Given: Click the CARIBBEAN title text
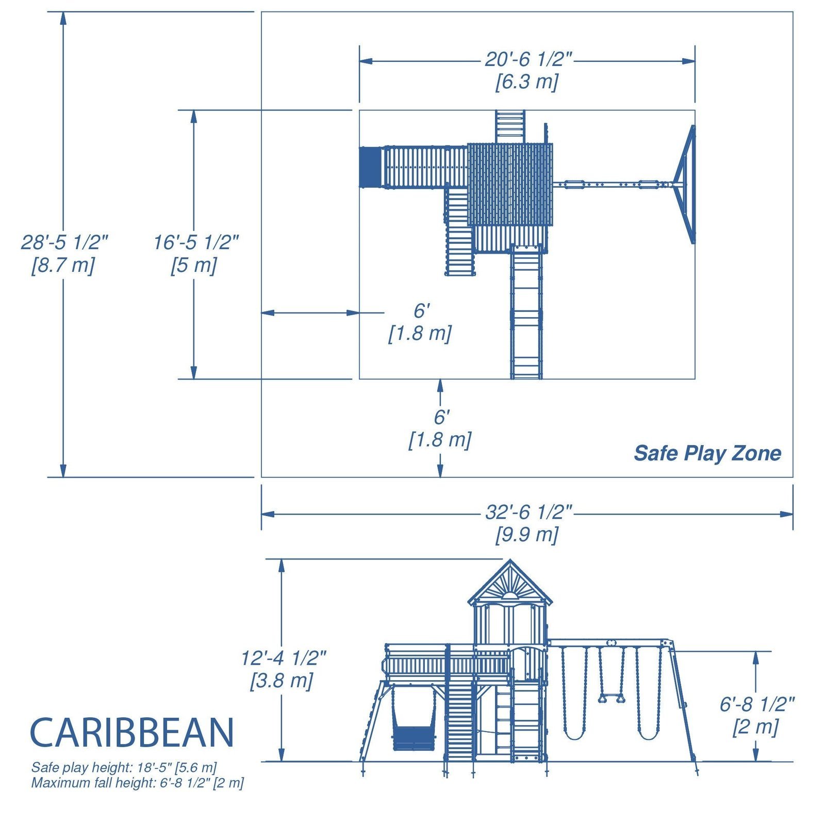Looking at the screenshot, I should [132, 733].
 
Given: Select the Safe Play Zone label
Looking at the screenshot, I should [707, 453].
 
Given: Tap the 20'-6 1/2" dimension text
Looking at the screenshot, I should [527, 60].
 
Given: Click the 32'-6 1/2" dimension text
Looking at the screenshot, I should [527, 512].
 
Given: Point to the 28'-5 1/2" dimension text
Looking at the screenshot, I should [64, 242].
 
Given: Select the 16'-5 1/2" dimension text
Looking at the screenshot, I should [196, 242].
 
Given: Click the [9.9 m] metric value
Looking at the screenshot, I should [526, 534].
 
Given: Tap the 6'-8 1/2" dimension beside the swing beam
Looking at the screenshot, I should [756, 704].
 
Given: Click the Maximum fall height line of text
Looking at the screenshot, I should [137, 783].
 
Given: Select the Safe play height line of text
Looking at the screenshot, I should [124, 767].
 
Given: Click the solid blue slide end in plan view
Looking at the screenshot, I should [370, 167].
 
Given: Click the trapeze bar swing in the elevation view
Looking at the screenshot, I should [612, 698].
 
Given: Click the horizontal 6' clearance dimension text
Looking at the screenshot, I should [421, 311].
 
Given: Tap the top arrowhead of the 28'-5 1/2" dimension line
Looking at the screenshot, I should [63, 19].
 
